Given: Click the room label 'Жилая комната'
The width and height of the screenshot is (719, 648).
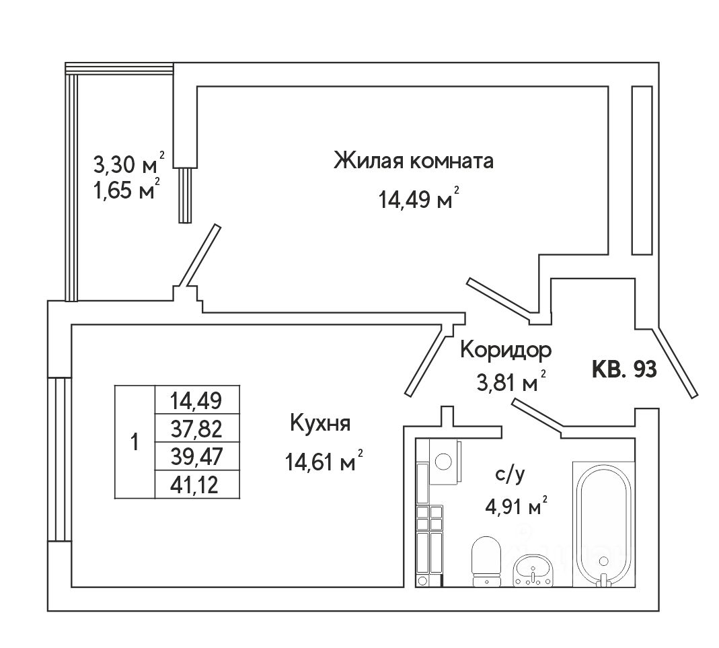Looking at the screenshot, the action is coord(414,161).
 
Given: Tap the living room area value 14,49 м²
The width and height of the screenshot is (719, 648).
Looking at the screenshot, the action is coord(418,200).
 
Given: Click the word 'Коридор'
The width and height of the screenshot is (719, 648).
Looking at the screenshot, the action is coord(506,350).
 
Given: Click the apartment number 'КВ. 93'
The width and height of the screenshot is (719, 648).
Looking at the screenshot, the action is coord(624,369).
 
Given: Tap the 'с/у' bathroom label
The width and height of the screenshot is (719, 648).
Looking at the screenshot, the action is coord(508,475).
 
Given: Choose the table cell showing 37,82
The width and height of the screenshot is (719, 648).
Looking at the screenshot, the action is coord(196,429).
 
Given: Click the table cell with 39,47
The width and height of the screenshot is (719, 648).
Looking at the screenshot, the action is coord(196,456).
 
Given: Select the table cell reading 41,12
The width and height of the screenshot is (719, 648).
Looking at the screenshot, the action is coord(196,484).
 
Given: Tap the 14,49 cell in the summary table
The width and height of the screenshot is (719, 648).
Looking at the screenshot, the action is coord(196,401).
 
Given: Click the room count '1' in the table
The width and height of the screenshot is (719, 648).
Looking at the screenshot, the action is coord(135,442).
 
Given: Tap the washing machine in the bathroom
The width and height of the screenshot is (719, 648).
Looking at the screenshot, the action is coord(444,461).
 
